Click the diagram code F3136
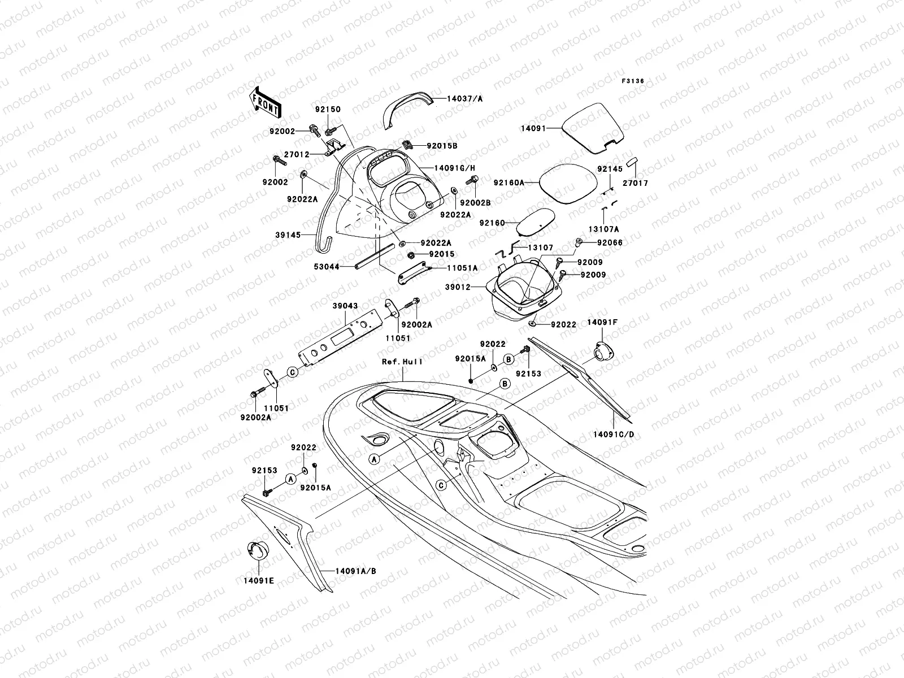(x=633, y=81)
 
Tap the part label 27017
(x=636, y=183)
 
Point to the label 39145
(x=301, y=234)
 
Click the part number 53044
(x=327, y=266)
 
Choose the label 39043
(x=345, y=306)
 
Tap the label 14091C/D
(x=614, y=434)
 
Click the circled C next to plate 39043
(x=293, y=372)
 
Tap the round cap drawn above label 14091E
(x=258, y=549)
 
